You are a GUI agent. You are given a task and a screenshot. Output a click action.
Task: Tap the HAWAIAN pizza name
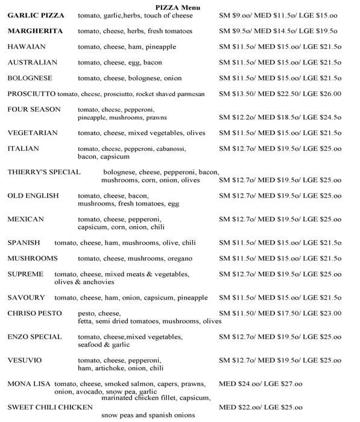(x=26, y=46)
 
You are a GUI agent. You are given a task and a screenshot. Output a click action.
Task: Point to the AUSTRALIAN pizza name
(x=33, y=62)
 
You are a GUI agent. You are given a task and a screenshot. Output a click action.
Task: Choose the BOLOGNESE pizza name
(x=30, y=78)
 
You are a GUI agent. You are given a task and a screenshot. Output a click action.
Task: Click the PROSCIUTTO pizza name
(x=31, y=93)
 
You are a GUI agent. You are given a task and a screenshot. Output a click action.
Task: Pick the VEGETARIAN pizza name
(x=33, y=133)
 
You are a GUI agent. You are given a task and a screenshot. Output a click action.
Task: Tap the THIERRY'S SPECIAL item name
(x=43, y=172)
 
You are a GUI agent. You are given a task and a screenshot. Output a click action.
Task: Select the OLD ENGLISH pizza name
(x=33, y=195)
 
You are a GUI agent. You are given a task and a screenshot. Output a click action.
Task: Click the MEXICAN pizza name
(x=26, y=219)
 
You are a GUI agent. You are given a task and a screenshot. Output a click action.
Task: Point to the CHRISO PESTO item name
(x=34, y=313)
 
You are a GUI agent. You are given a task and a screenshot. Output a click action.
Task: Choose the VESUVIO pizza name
(x=25, y=360)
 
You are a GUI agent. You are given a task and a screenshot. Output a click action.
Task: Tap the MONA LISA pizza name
(x=30, y=383)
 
